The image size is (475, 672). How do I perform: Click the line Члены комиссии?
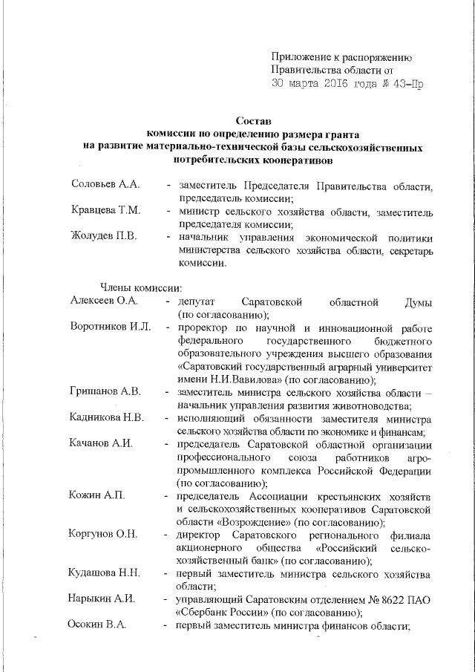[x=137, y=287]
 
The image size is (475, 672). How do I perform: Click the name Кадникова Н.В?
[x=107, y=418]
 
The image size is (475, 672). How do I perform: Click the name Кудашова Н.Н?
[x=106, y=574]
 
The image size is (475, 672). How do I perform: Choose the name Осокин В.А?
[x=98, y=626]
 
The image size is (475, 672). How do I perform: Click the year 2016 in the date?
[x=335, y=85]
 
